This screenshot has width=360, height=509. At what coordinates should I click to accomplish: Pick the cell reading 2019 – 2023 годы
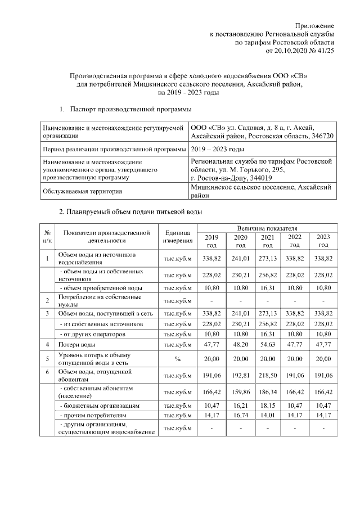coord(217,149)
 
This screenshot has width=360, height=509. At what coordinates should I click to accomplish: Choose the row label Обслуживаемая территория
coord(82,192)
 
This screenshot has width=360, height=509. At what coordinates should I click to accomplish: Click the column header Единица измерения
coord(178,237)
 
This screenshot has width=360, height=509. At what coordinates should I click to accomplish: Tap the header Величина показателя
coord(267,228)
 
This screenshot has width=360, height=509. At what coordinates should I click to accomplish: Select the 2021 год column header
coord(268,241)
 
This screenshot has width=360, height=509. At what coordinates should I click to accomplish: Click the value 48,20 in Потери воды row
coord(240,344)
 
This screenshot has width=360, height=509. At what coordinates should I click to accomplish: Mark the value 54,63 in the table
coord(268,344)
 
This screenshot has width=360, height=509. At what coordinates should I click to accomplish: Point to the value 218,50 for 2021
coord(268,373)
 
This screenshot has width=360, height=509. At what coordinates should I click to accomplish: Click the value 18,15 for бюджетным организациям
coord(268,405)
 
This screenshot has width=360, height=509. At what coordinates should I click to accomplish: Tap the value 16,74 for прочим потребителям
coord(240,416)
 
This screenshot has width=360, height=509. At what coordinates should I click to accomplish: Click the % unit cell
coord(178,358)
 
